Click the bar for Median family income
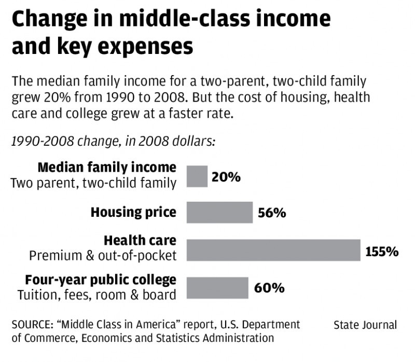click(197, 176)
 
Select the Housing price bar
click(219, 213)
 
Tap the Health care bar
click(273, 250)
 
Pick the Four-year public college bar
click(217, 287)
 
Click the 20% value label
click(226, 177)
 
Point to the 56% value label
click(272, 213)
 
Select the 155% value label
click(382, 252)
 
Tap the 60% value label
click(269, 288)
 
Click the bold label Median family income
click(107, 168)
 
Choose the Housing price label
click(133, 212)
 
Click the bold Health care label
click(140, 241)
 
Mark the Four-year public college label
click(101, 280)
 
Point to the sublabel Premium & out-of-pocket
click(103, 256)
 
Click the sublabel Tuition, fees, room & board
click(97, 295)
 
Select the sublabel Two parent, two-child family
click(93, 183)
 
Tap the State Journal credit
click(365, 325)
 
